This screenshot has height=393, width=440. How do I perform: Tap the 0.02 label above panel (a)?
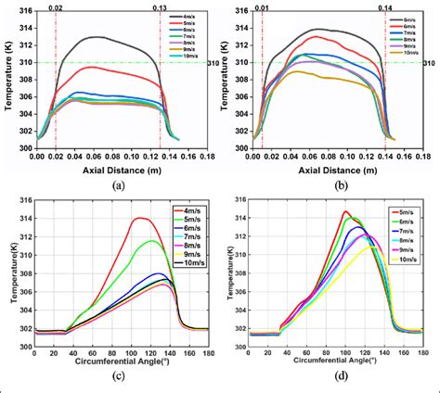point(56,6)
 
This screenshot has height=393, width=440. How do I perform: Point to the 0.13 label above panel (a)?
point(161,6)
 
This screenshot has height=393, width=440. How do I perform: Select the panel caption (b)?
point(328,184)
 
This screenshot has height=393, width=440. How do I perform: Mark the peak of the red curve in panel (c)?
point(140,218)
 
